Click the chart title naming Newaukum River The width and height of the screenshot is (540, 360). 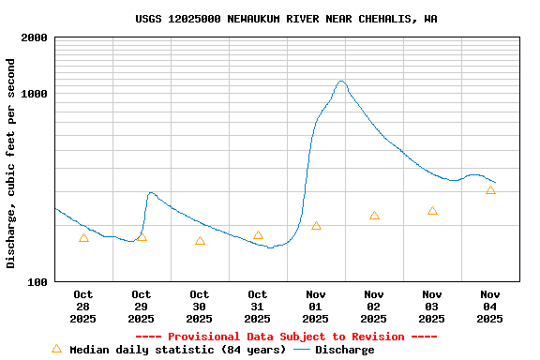[x=286, y=19]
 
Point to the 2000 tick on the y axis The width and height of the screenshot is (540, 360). [x=35, y=37]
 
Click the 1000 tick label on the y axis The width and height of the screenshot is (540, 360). [x=35, y=94]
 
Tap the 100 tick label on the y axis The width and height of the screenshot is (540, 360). [x=37, y=281]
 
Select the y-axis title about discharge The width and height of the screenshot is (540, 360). [x=11, y=163]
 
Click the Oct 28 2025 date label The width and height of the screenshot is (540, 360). [x=83, y=307]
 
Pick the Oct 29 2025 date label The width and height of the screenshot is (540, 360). [x=142, y=307]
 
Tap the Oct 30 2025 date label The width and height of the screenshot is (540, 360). [x=200, y=307]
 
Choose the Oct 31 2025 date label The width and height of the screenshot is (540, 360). [x=258, y=307]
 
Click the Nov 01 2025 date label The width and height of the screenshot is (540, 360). [x=316, y=307]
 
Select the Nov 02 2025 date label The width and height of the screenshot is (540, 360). [x=374, y=307]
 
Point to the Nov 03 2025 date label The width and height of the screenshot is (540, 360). [x=432, y=307]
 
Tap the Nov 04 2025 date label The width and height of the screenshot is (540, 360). [x=490, y=307]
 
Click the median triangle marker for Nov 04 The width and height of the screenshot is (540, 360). [x=490, y=190]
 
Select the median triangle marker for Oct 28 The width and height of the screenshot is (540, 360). [x=83, y=238]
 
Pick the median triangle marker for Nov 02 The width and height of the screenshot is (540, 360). [x=374, y=216]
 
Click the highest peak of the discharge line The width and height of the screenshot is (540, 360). [x=341, y=82]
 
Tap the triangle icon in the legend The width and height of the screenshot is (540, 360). [x=56, y=349]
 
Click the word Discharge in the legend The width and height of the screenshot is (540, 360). [x=344, y=350]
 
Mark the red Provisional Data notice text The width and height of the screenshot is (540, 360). [x=286, y=337]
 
